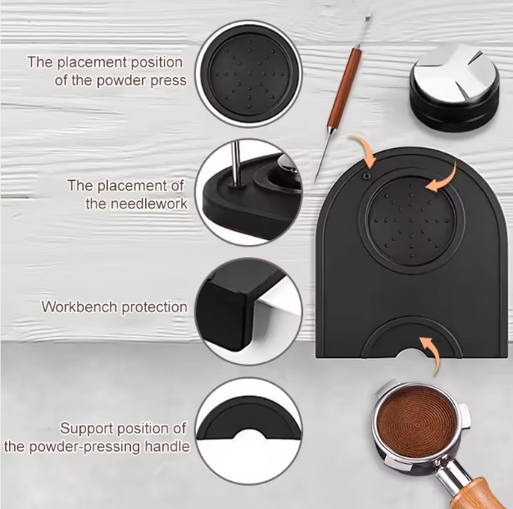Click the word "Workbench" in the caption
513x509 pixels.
point(79,307)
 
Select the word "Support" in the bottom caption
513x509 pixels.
point(86,429)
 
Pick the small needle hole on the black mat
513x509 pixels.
point(367,176)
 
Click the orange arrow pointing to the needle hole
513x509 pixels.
point(365,150)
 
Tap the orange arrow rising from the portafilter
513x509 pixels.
point(431,355)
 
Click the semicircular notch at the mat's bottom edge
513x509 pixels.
point(411,353)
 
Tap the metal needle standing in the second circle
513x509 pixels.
point(235,164)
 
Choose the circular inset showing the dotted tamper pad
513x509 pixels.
point(248,74)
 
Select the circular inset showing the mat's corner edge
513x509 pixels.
point(248,311)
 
